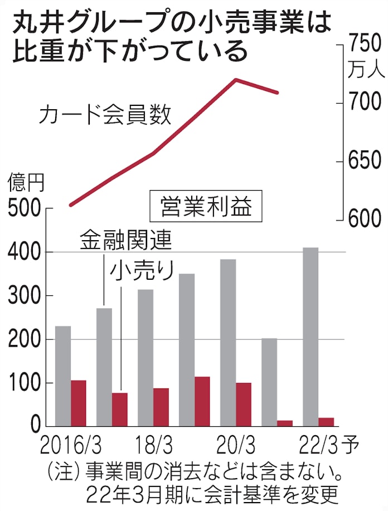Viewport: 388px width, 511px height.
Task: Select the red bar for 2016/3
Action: tap(78, 403)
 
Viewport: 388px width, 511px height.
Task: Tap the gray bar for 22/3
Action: tap(311, 337)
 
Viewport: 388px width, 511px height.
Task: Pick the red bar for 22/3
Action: tap(326, 422)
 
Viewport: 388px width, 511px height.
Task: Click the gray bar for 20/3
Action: tap(228, 343)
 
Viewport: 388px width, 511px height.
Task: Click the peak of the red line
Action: tap(236, 80)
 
